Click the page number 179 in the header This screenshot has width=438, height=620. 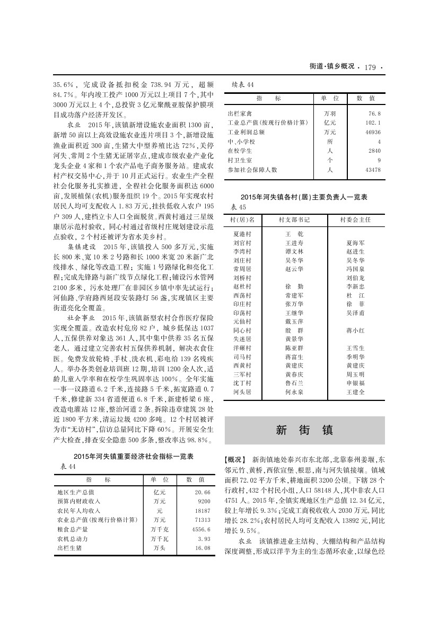[x=370, y=67]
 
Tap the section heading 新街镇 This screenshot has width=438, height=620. [x=304, y=430]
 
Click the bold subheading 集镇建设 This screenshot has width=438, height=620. [x=81, y=247]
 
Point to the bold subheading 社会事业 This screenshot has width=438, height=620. [x=81, y=317]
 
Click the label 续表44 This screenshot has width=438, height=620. [x=243, y=84]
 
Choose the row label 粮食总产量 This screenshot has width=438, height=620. [x=73, y=529]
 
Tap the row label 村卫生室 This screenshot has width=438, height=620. [x=240, y=160]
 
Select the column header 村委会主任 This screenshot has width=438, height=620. [x=355, y=219]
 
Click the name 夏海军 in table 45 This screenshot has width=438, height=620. [x=355, y=243]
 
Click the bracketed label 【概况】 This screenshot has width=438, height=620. [x=235, y=458]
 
